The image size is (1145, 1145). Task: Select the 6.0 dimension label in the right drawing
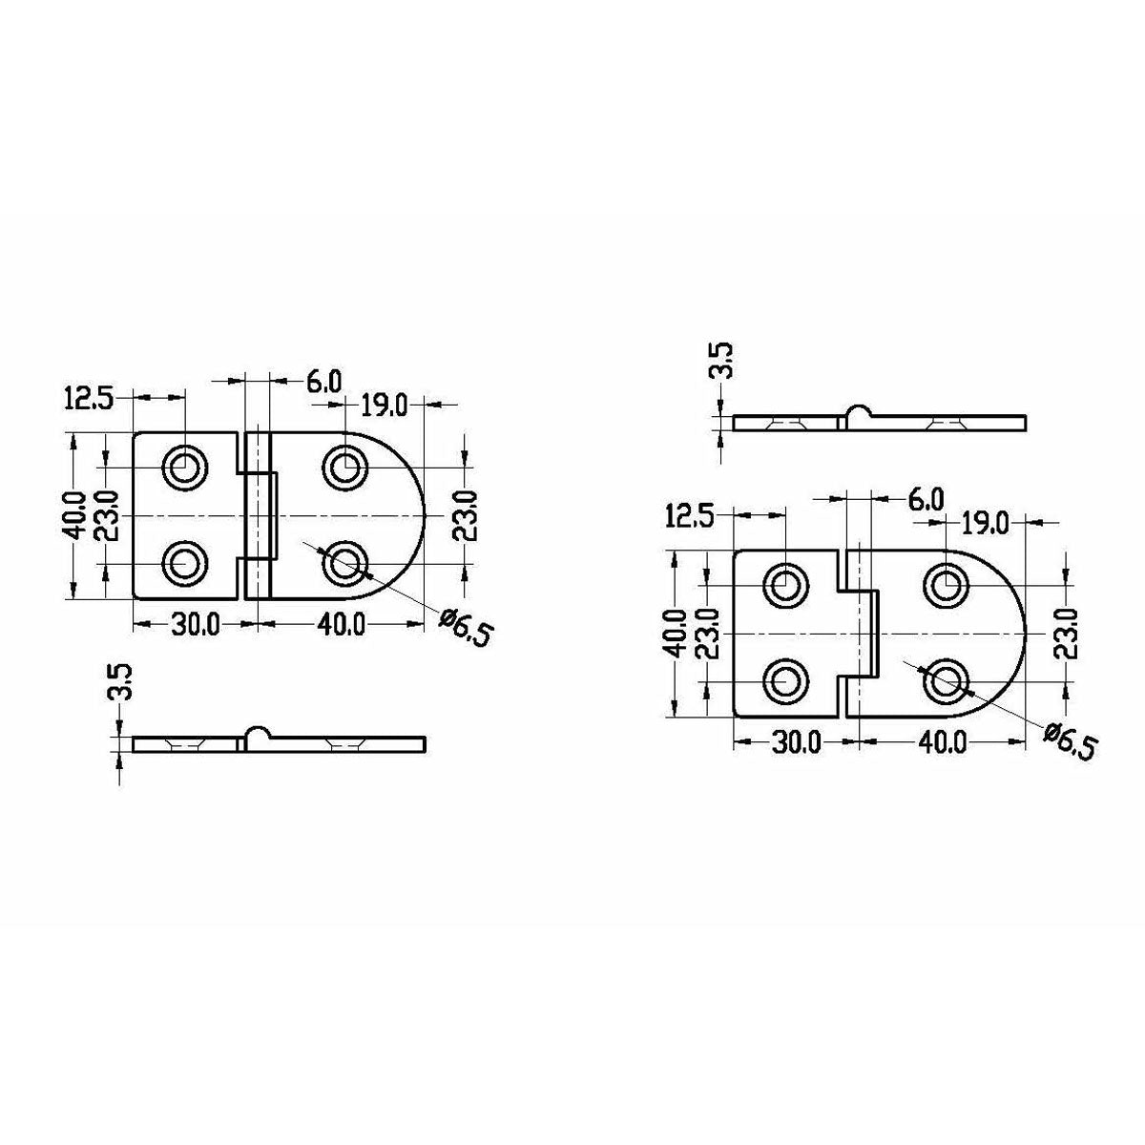[924, 498]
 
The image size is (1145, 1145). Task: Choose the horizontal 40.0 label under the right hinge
[942, 741]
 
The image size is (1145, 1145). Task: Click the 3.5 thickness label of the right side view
[724, 362]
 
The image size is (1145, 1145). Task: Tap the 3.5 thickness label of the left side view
[122, 684]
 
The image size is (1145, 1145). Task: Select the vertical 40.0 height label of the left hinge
[76, 515]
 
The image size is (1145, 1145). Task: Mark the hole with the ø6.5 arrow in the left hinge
[343, 564]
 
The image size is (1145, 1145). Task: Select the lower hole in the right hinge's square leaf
[785, 681]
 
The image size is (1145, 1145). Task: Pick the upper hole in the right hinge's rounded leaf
[947, 584]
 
